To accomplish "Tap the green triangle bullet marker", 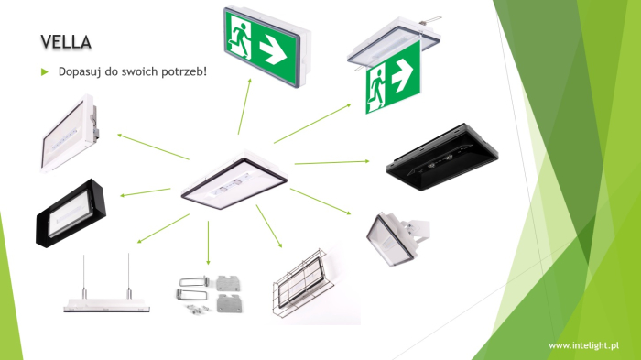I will [44, 71].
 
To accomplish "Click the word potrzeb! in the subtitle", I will [184, 71].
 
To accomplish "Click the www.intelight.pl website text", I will [582, 345].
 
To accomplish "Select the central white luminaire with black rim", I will [233, 179].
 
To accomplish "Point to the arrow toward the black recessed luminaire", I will [331, 162].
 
